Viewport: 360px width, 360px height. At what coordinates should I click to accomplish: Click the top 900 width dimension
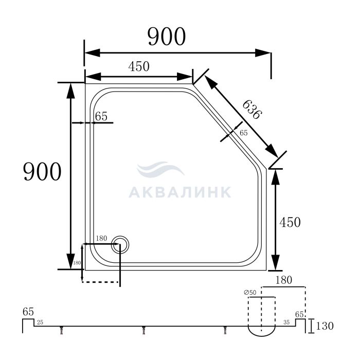[167, 37]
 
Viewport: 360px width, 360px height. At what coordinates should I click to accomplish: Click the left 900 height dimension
[42, 171]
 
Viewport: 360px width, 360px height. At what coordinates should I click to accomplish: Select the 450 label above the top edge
[139, 66]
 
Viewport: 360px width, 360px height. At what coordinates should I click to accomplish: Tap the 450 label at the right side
[290, 222]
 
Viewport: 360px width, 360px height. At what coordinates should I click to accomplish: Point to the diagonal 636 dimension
[252, 110]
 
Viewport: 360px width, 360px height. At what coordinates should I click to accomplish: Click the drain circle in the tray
[120, 245]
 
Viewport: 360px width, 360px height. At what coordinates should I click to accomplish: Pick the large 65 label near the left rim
[101, 116]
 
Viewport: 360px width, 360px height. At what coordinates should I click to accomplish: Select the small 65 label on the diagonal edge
[244, 133]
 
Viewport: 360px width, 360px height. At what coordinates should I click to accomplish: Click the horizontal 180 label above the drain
[101, 238]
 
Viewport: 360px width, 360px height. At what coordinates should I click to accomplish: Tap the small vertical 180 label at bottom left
[77, 263]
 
